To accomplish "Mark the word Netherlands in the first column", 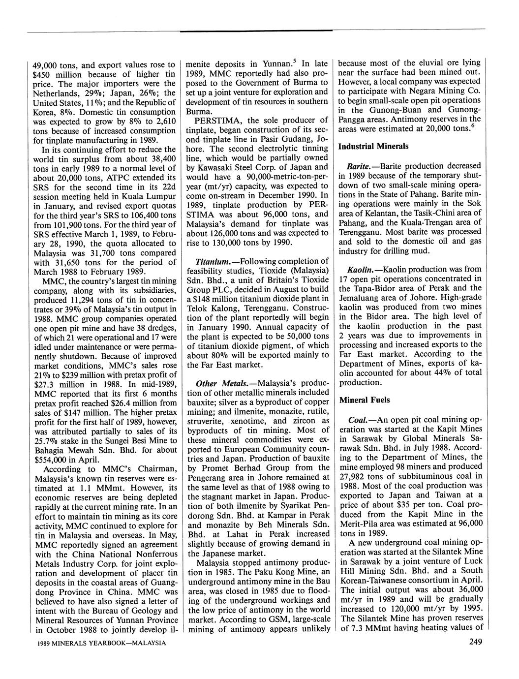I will click(55, 93).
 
